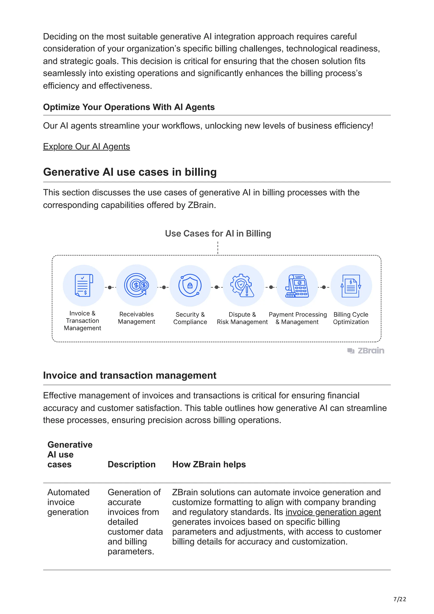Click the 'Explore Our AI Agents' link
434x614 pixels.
point(86,147)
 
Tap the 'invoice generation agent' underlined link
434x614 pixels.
point(333,512)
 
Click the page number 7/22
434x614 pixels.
point(399,599)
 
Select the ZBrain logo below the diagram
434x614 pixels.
point(366,351)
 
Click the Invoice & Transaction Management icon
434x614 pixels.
point(83,286)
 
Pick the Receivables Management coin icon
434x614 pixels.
point(137,285)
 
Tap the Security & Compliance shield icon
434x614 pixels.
point(190,286)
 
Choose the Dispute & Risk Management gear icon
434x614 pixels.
point(243,286)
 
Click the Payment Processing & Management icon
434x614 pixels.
point(297,286)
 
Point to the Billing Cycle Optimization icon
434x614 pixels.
point(351,286)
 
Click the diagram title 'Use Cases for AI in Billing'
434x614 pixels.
point(218,233)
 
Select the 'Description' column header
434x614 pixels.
point(131,464)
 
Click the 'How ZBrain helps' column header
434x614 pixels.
point(209,464)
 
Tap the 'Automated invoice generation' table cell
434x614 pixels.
point(68,502)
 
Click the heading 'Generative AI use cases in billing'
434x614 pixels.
point(130,172)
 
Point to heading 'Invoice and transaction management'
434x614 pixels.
point(130,375)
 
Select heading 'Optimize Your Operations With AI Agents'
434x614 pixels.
point(129,107)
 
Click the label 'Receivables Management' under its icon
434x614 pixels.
point(136,318)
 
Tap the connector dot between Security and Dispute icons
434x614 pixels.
point(217,287)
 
